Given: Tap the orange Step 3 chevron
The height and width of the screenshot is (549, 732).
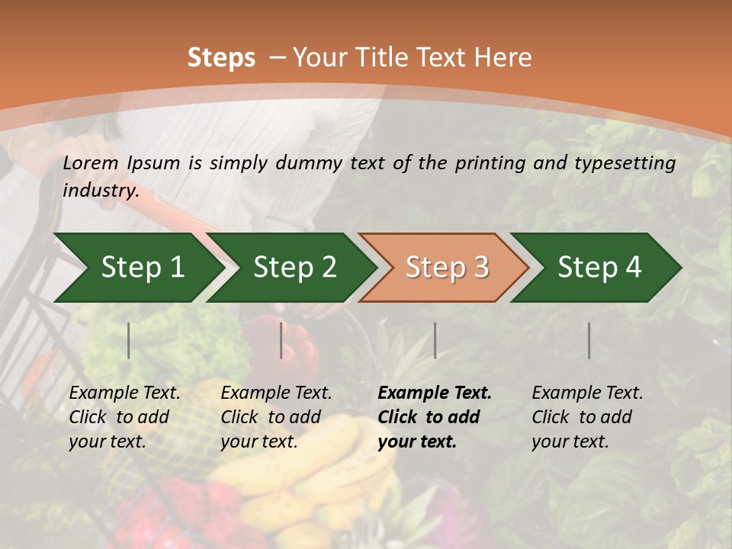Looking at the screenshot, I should coord(447,267).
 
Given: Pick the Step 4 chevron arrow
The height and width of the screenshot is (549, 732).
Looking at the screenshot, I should coord(599,267).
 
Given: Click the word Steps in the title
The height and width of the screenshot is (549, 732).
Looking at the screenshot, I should coord(221,58).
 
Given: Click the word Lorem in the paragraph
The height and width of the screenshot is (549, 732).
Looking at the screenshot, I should coord(90,162).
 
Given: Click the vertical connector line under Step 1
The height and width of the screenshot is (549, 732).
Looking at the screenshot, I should coord(129,340).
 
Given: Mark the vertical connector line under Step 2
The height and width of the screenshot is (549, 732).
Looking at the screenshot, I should coord(281,340).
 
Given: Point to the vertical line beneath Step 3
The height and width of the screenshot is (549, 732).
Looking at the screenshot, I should coord(435,340).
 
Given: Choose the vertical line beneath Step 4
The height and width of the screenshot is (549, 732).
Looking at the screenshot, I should coord(589,340).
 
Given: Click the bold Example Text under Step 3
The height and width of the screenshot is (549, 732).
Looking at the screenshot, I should coord(435,393).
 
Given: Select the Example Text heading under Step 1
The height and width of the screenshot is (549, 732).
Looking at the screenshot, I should coord(124,393).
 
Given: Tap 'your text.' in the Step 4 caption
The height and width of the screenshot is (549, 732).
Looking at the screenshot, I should coord(570,441).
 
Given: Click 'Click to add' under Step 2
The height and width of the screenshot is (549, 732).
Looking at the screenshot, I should coord(271,417).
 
